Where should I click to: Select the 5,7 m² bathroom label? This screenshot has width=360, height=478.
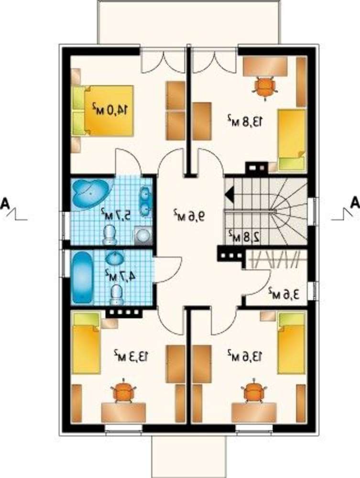pos(117,214)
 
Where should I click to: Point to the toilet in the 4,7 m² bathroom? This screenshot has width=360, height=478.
pos(117,295)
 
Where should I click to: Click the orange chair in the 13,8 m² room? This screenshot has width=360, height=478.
pos(265,87)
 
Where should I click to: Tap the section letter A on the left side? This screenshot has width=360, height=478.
pos(5,204)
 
